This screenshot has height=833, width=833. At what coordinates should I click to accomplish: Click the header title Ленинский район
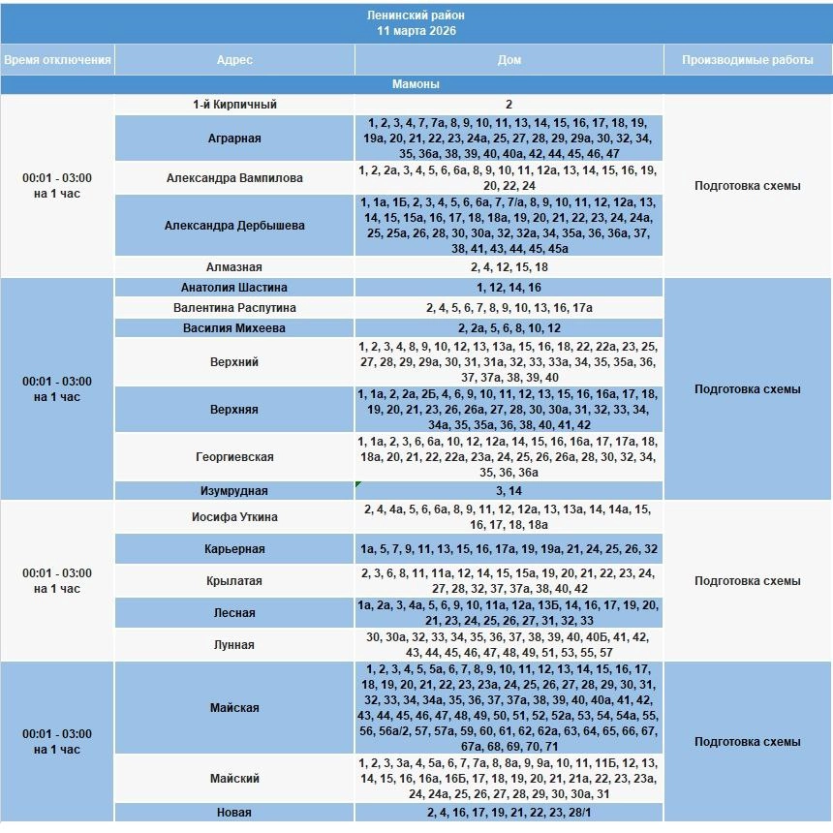pos(416,16)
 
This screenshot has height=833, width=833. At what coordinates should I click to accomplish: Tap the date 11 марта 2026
pos(416,31)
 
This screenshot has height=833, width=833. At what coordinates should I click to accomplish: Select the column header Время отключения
pos(57,60)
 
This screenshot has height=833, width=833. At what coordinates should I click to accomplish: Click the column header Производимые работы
pos(747,60)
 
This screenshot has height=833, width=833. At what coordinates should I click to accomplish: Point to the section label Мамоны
pos(416,84)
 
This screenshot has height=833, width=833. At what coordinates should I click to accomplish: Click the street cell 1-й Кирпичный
pos(234,105)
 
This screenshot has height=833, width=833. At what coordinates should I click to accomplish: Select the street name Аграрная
pos(234,139)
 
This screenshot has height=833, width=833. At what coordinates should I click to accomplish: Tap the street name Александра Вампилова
pos(234,178)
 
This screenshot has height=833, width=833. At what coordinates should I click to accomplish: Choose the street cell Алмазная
pos(234,267)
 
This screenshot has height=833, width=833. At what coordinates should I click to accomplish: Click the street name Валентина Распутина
pos(234,308)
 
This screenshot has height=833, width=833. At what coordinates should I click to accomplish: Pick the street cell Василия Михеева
pos(234,328)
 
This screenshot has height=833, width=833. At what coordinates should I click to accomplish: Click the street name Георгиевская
pos(234,457)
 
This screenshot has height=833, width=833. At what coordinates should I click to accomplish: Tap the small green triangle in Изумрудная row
pos(359,484)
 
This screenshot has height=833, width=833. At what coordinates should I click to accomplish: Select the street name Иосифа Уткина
pos(234,517)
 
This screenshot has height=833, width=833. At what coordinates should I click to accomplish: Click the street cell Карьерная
pos(234,549)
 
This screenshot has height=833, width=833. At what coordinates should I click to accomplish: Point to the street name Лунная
pos(234,645)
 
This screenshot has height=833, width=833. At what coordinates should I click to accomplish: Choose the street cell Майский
pos(234,779)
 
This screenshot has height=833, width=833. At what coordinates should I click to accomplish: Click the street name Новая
pos(234,813)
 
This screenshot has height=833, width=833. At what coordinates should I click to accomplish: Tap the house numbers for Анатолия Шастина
pos(509,288)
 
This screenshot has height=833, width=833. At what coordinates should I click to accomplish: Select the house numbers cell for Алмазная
pos(509,267)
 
